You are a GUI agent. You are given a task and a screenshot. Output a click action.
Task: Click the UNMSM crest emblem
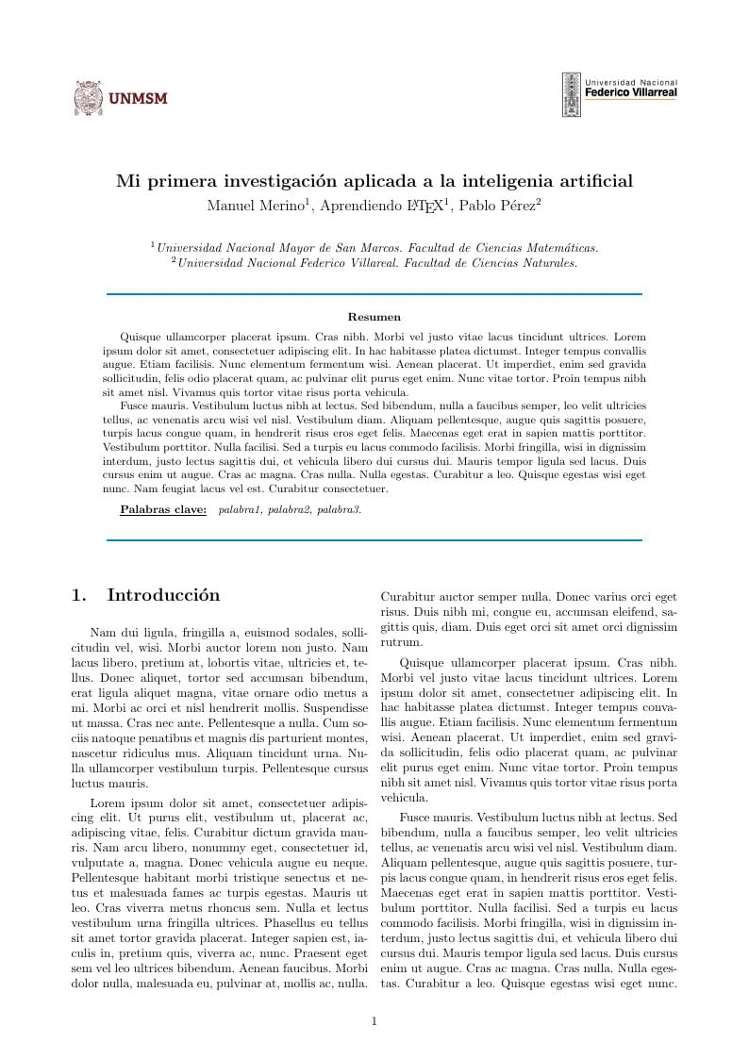[88, 98]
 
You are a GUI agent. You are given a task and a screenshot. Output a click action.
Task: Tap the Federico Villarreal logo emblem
[572, 94]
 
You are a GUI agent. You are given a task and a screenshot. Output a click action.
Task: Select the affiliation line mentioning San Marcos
[374, 248]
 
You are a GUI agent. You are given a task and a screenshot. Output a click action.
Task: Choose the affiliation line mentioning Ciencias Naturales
[374, 263]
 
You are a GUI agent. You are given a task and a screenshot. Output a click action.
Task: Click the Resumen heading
[374, 318]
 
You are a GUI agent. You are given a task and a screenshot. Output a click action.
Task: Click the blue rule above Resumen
[374, 294]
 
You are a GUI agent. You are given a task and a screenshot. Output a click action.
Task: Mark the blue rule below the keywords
[374, 540]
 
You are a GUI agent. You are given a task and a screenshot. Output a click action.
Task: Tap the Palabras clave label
[163, 510]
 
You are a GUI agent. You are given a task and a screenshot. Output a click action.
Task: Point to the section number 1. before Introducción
[79, 595]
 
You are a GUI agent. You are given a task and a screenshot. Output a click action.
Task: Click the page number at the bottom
[374, 1020]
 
